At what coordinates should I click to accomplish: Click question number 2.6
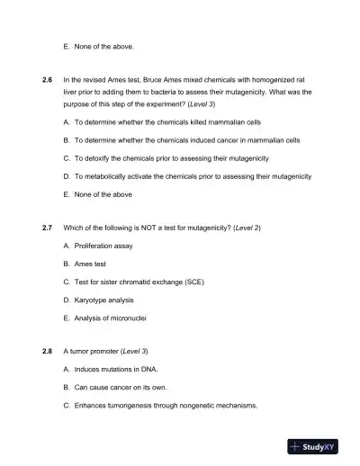pyautogui.click(x=48, y=81)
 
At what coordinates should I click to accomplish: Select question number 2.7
pyautogui.click(x=48, y=229)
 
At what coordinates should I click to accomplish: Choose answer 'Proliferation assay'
pyautogui.click(x=103, y=246)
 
